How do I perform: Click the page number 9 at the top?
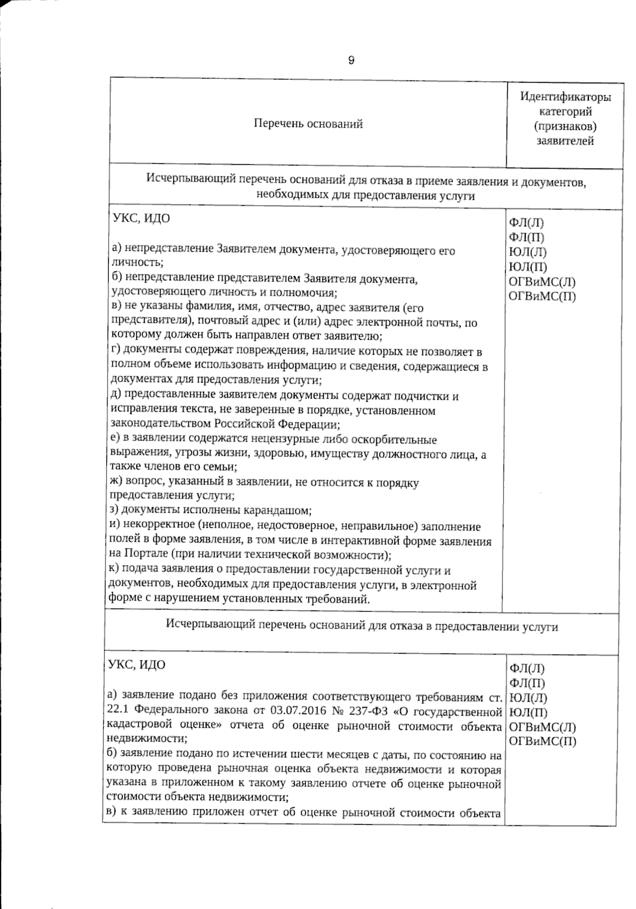pyautogui.click(x=351, y=60)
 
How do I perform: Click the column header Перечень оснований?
pyautogui.click(x=308, y=124)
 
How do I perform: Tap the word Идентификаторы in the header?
pyautogui.click(x=565, y=97)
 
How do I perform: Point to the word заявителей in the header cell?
pyautogui.click(x=565, y=142)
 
